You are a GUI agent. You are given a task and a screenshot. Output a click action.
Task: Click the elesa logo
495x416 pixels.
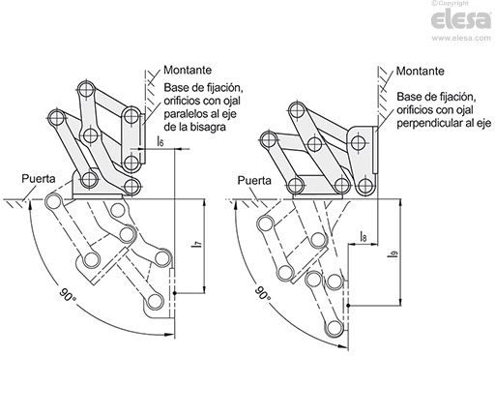coord(461,19)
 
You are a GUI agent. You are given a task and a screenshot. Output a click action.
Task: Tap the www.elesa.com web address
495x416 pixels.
coord(461,38)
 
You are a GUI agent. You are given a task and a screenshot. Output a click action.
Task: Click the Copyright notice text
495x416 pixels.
coord(450,3)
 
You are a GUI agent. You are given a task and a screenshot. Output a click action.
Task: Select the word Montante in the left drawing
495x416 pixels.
coord(188,70)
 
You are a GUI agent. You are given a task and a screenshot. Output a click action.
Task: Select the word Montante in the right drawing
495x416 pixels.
coord(420,71)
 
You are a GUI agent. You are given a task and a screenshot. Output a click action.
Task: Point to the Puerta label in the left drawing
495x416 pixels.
coord(39,179)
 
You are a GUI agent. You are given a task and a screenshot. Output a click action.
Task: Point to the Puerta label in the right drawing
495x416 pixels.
coord(254,181)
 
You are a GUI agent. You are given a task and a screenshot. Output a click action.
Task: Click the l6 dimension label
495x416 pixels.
coord(160,141)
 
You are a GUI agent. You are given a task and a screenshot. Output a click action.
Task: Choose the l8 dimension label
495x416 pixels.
coord(363,236)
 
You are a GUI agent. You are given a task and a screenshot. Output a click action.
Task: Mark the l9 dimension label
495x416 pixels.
coord(393,254)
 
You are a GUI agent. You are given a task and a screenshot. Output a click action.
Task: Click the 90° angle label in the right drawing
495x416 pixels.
coord(263,293)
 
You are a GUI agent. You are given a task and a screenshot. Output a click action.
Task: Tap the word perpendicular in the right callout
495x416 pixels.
coord(429,123)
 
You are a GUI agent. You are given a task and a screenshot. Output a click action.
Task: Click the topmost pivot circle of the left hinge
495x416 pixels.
coord(87,89)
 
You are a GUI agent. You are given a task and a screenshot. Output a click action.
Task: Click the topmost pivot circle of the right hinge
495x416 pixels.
coord(298,110)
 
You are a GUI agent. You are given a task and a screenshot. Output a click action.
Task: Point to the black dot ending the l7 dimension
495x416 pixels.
coord(174,293)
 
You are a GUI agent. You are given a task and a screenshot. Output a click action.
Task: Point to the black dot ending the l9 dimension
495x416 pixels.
coord(348,305)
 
